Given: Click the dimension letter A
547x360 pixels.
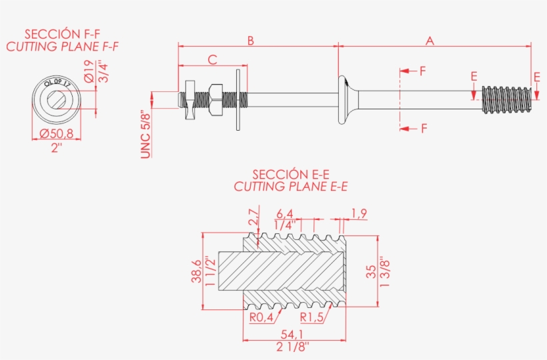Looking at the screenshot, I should pos(430,41).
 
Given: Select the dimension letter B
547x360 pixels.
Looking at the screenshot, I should pos(251,41).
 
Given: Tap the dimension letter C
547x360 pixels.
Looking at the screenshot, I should pos(212,60).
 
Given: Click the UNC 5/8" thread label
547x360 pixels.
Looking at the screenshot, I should pos(145,133).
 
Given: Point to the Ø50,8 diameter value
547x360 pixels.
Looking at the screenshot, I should pos(56,133).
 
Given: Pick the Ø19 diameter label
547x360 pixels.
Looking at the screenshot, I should pos(89,70).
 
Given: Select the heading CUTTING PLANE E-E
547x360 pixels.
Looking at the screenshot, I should pos(291,187).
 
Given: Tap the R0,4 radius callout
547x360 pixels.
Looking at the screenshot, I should pos(261,317).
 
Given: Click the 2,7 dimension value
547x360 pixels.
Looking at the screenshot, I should pos(253,217).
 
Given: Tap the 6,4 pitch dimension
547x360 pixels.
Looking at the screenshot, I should pos(285,213).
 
